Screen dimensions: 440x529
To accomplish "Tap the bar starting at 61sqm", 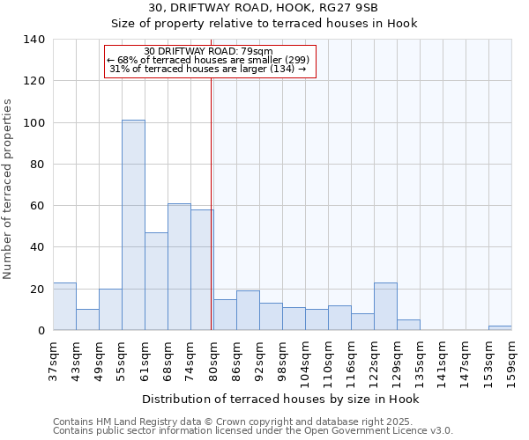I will coord(156,282).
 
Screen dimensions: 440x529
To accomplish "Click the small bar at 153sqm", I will coord(500,327).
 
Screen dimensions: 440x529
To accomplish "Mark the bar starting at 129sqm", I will coord(408,325).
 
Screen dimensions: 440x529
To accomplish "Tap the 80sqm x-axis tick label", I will coord(214,359).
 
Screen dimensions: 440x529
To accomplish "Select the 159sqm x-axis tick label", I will coord(512,359).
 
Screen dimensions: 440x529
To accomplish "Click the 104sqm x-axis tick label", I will coord(306,361).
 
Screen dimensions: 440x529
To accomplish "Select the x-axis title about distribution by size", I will coord(280,400).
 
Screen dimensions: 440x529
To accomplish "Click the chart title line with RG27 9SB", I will coord(264,8).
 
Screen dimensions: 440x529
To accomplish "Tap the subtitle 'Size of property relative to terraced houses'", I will coord(264,24).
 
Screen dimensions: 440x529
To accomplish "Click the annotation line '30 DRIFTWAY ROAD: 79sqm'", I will coord(208,51).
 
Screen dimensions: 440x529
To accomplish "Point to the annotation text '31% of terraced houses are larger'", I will coord(208,70).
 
